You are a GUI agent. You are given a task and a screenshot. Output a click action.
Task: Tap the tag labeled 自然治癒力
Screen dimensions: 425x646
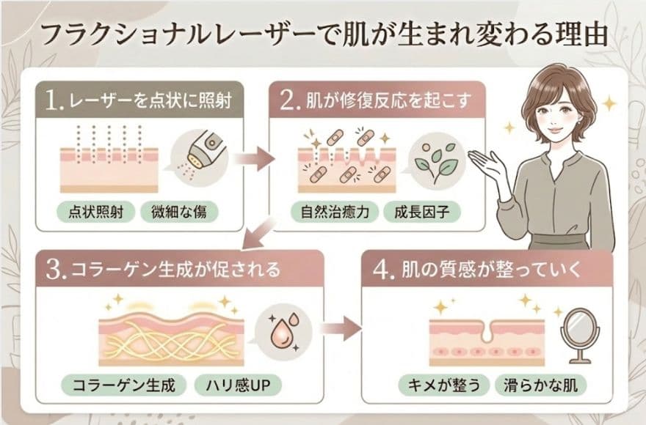[x=334, y=212]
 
